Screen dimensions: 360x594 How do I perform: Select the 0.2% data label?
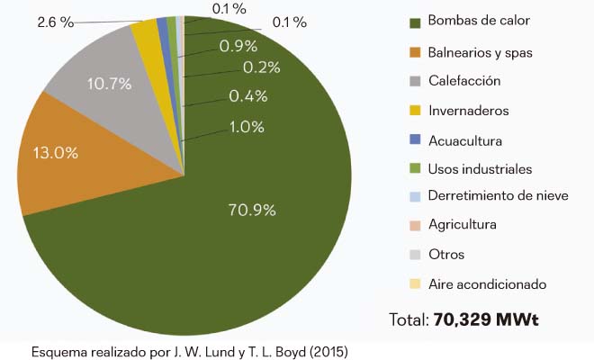click(x=262, y=67)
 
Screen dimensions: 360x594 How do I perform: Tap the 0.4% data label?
click(x=247, y=95)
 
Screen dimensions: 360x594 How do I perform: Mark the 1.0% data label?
click(x=247, y=127)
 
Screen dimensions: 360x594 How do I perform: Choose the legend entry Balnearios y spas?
click(x=481, y=52)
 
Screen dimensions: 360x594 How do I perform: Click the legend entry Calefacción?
click(x=464, y=81)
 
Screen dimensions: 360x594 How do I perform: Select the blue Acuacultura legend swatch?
click(x=415, y=140)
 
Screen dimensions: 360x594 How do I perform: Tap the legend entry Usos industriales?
click(x=480, y=169)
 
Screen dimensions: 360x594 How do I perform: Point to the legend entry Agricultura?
click(x=463, y=225)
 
